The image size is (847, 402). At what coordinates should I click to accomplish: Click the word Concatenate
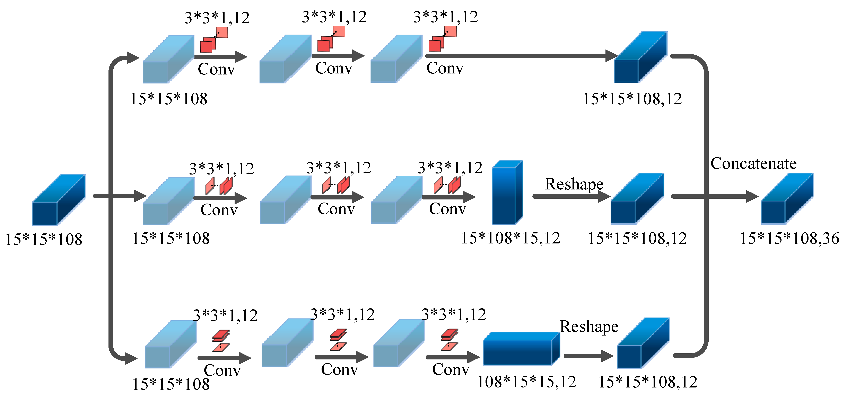[x=753, y=163]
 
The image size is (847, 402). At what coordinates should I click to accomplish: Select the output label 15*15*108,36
[x=789, y=238]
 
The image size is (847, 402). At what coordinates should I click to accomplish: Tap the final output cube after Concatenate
[x=787, y=199]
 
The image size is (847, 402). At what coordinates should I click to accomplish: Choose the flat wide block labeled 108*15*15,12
[x=521, y=349]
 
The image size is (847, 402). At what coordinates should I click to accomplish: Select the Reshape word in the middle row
[x=574, y=184]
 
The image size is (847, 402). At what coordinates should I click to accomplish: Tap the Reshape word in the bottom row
[x=589, y=327]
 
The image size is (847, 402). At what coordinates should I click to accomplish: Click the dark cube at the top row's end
[x=640, y=57]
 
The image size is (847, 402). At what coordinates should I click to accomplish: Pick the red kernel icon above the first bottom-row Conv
[x=221, y=341]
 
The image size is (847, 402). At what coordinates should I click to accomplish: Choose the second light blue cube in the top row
[x=285, y=59]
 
